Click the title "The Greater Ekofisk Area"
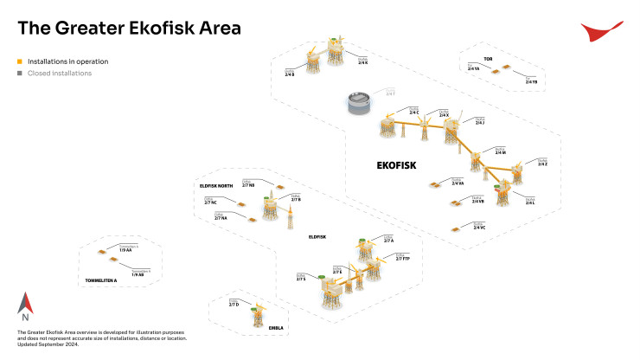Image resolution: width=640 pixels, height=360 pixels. [x=129, y=29]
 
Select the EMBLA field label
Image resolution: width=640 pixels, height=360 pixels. [x=252, y=329]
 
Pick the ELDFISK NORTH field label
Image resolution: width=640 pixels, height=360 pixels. [x=216, y=186]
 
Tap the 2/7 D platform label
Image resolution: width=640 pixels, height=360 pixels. [x=234, y=305]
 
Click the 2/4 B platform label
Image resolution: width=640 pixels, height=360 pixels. [x=290, y=74]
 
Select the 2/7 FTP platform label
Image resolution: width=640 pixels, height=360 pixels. [x=402, y=258]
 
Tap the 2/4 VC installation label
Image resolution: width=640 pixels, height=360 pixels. [x=479, y=227]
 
